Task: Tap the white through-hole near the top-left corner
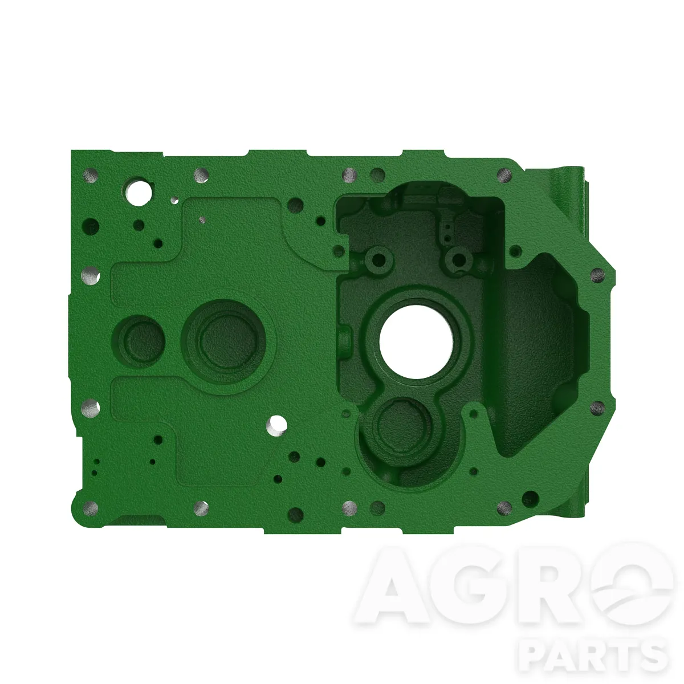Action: pos(139,193)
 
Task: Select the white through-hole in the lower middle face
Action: pos(276,425)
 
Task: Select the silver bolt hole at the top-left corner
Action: pos(90,176)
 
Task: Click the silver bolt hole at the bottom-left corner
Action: pos(90,508)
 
